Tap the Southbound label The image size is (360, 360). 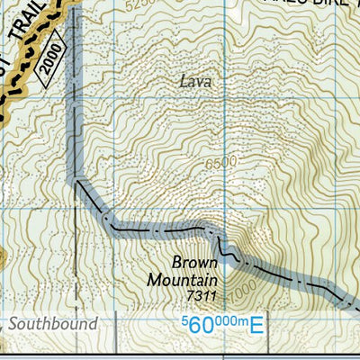click(52, 323)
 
